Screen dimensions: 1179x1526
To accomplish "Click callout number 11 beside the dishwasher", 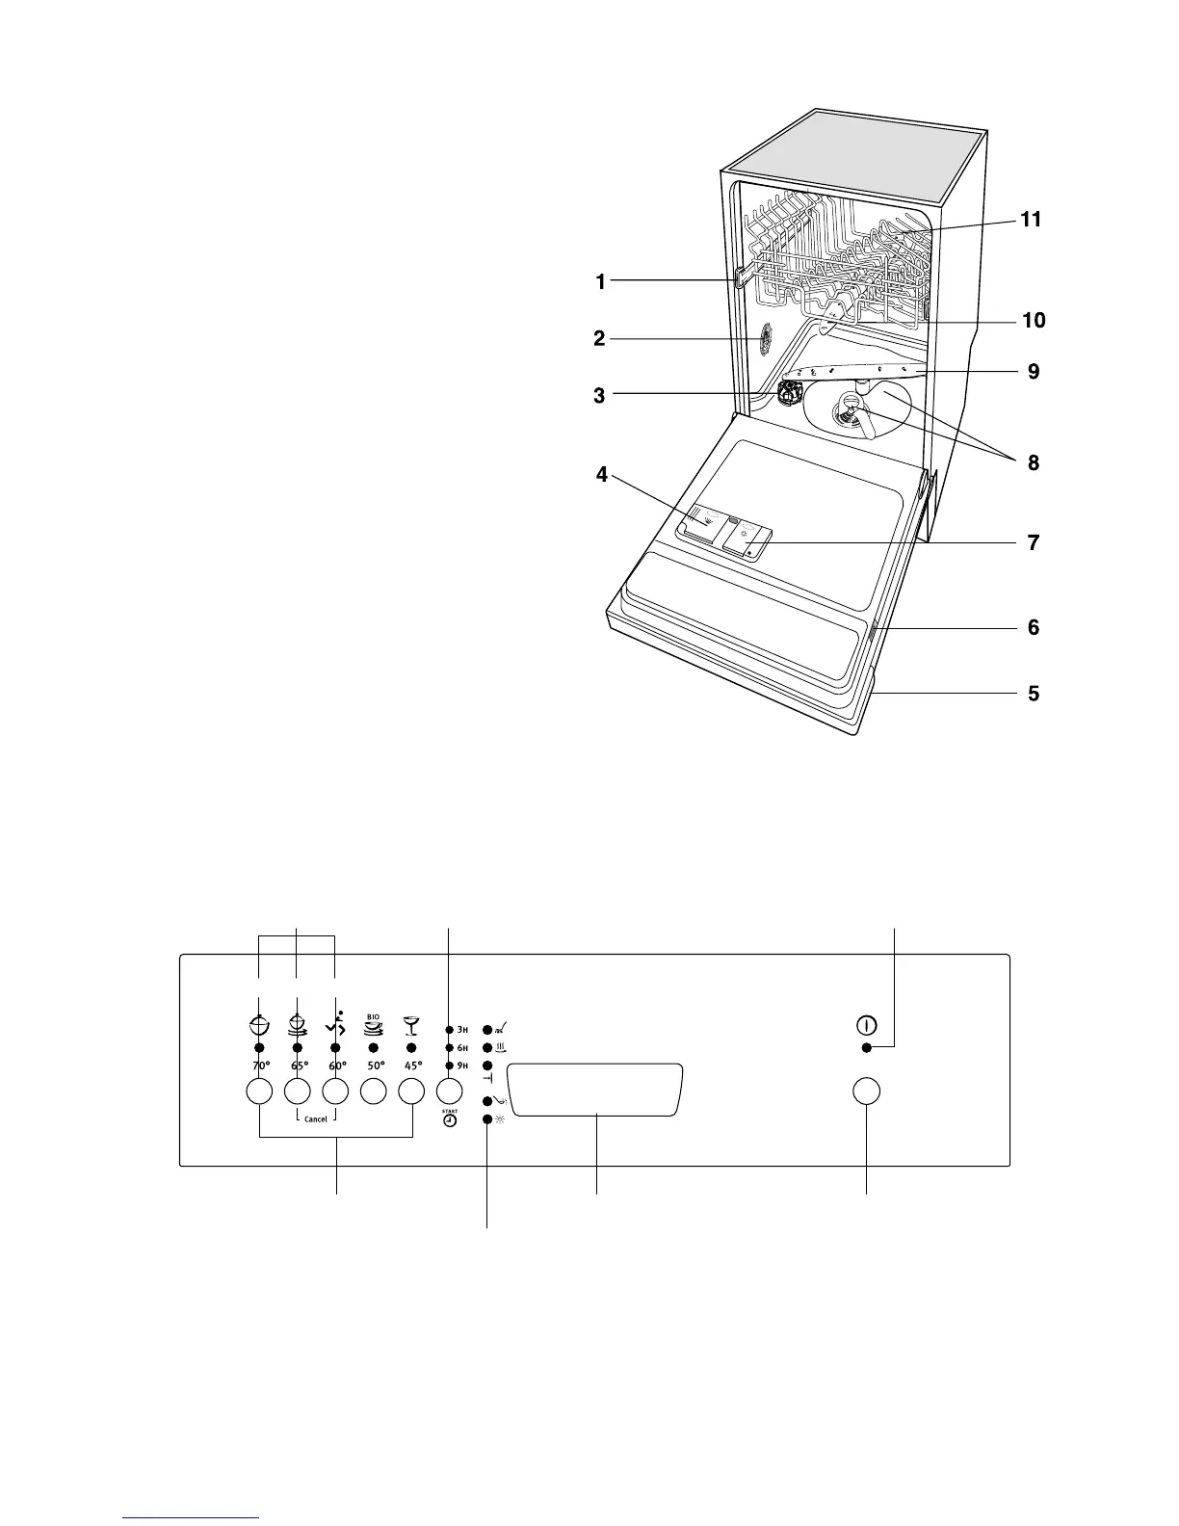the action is pos(1032,220).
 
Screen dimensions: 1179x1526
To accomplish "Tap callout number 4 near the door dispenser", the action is pos(602,474).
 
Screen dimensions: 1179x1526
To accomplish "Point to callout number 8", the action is pos(1034,462).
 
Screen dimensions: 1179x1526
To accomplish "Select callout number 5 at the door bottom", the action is pos(1034,693).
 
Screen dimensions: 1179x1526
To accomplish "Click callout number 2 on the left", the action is pos(599,338).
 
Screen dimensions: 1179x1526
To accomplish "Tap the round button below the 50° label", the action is pos(374,1092).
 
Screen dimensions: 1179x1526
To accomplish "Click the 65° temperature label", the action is pos(298,1066).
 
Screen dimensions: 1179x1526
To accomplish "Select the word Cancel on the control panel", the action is pos(316,1118).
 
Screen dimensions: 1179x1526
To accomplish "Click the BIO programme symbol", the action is pos(373,1024).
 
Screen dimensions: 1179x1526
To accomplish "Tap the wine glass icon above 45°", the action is pos(411,1024).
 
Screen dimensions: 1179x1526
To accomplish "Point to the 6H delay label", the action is pos(462,1047).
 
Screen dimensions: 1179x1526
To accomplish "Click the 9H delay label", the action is pos(462,1066).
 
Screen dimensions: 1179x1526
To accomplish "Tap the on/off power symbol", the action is pos(867,1026).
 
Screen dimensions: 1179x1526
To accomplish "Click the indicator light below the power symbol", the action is pos(867,1048).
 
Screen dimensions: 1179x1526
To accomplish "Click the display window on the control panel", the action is pos(595,1090).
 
